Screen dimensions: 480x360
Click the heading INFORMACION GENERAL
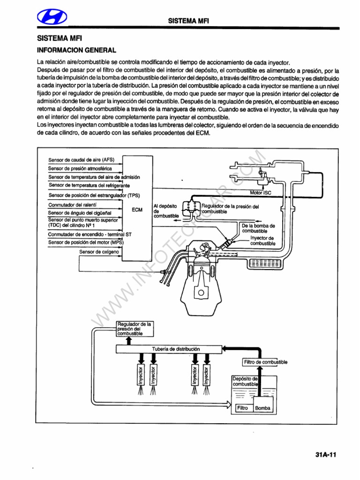pos(76,50)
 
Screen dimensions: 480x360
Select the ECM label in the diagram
pos(137,210)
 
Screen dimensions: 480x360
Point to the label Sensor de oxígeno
pos(99,252)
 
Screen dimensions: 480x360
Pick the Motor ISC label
pos(261,193)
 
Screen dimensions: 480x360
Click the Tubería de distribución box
pos(169,349)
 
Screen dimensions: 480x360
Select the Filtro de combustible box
pos(265,362)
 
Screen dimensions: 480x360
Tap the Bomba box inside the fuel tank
pos(263,408)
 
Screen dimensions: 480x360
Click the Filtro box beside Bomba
pos(242,408)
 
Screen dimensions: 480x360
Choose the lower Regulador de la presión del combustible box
pos(135,329)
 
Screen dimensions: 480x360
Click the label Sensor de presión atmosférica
pos(80,168)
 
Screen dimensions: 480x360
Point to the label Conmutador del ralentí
pos(72,205)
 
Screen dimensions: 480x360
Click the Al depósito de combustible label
pos(166,211)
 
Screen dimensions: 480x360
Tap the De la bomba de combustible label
pos(258,228)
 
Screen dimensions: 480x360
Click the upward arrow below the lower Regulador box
pos(129,341)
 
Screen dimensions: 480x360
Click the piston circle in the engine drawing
pos(202,293)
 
